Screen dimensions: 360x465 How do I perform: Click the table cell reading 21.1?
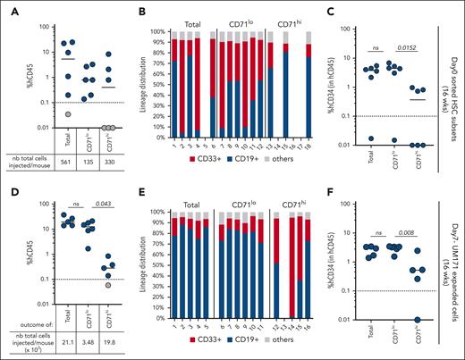coord(70,341)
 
